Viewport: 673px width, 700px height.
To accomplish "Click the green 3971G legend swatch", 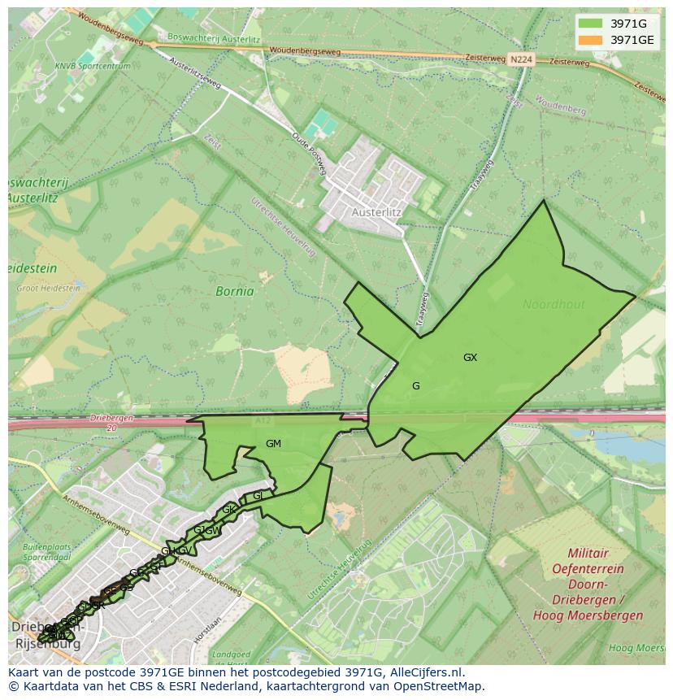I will (590, 24).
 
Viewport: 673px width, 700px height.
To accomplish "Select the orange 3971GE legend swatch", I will (590, 40).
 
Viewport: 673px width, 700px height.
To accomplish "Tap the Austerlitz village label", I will (376, 212).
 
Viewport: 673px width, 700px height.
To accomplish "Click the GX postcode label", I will (470, 358).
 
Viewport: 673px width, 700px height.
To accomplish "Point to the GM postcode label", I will (273, 444).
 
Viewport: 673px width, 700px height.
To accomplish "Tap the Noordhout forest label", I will (554, 305).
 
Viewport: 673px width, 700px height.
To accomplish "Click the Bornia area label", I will (234, 291).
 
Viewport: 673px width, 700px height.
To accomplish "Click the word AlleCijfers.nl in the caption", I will (425, 672).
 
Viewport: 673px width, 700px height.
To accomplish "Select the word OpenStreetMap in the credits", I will (439, 686).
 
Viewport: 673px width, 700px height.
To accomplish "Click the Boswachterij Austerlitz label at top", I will (213, 37).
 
